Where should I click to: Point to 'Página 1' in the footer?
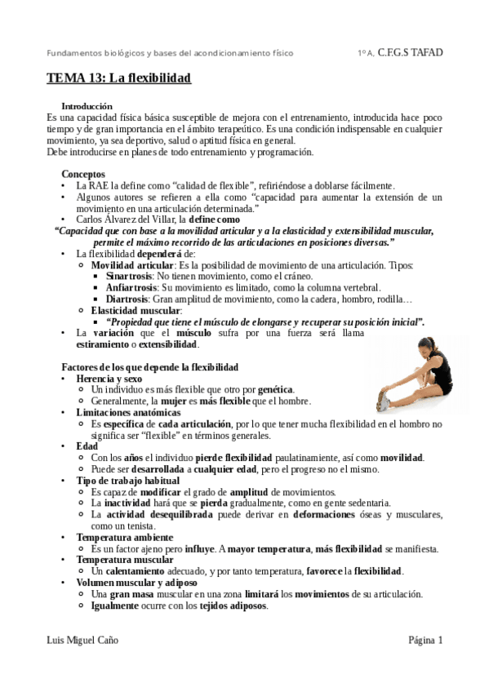click(425, 641)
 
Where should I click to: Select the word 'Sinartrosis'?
click(130, 277)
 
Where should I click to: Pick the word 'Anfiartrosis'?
click(132, 288)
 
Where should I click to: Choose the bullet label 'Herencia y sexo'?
click(109, 379)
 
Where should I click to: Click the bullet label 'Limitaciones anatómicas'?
click(128, 413)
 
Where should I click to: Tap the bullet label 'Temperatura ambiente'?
click(124, 538)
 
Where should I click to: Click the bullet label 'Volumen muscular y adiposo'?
click(136, 583)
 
